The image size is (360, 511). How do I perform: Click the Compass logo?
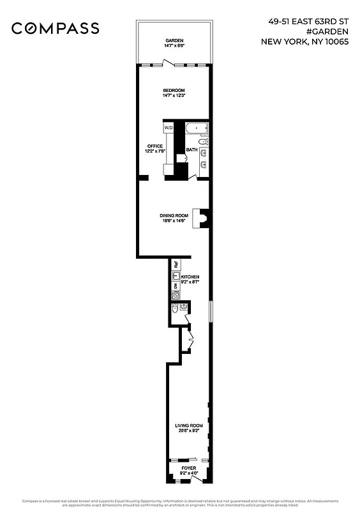click(56, 28)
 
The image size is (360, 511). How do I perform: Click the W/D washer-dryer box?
click(169, 128)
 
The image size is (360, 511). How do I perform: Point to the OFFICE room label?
click(156, 146)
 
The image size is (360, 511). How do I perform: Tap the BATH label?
click(191, 150)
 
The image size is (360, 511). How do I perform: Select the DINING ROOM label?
click(174, 215)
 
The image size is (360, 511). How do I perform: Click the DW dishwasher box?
click(176, 286)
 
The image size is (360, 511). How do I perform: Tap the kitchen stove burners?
click(176, 296)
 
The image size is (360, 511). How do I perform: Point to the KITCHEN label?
click(190, 277)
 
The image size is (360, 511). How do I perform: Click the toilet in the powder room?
click(175, 310)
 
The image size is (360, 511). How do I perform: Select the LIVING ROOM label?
click(189, 425)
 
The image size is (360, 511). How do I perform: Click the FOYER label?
click(188, 468)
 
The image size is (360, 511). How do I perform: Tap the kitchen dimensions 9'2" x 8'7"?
click(190, 282)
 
